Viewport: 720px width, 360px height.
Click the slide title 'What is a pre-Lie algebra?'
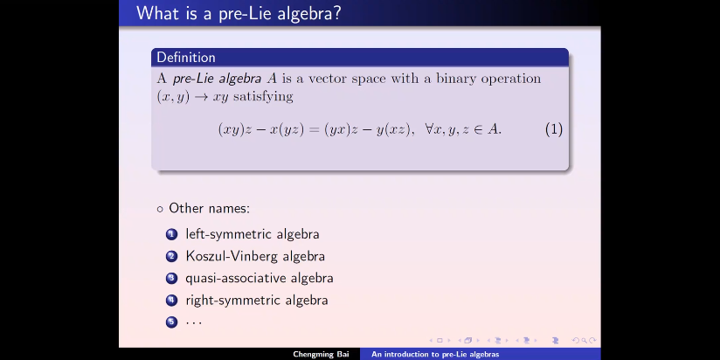click(x=239, y=13)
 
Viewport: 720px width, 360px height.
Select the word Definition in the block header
click(x=186, y=58)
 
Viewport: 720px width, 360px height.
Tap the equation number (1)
click(x=554, y=129)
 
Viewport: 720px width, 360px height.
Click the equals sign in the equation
click(x=314, y=130)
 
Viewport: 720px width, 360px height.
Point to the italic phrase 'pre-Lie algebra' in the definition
click(x=218, y=79)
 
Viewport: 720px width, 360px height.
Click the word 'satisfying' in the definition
click(x=263, y=96)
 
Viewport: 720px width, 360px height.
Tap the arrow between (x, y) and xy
click(x=201, y=97)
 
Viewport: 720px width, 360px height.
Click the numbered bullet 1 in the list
click(x=172, y=234)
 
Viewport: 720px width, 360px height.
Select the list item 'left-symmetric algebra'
click(x=253, y=234)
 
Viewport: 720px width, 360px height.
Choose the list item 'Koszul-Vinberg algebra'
click(x=255, y=256)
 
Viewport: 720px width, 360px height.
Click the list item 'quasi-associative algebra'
click(x=260, y=278)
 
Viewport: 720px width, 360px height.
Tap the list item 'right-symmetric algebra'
click(x=257, y=301)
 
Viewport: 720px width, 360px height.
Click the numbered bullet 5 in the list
click(x=172, y=322)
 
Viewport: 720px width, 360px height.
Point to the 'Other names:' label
click(x=210, y=209)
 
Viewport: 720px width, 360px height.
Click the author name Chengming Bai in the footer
click(x=321, y=354)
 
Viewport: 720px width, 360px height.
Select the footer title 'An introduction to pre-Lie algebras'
click(x=435, y=354)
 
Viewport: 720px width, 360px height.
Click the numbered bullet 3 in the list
click(x=172, y=278)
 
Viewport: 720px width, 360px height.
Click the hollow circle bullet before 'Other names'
click(x=160, y=210)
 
